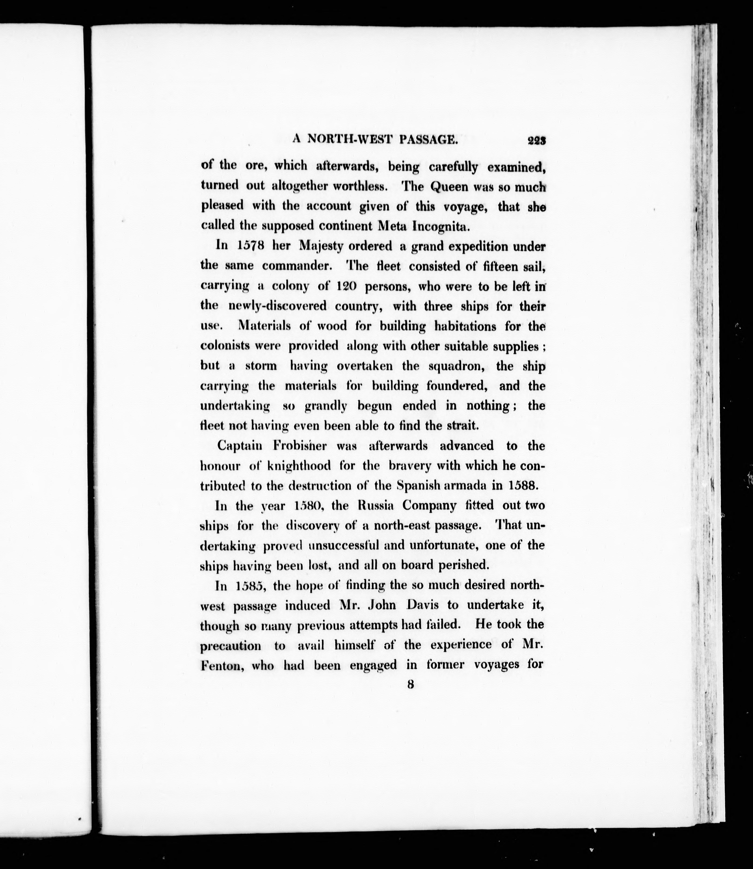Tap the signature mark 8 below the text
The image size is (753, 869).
[410, 685]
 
